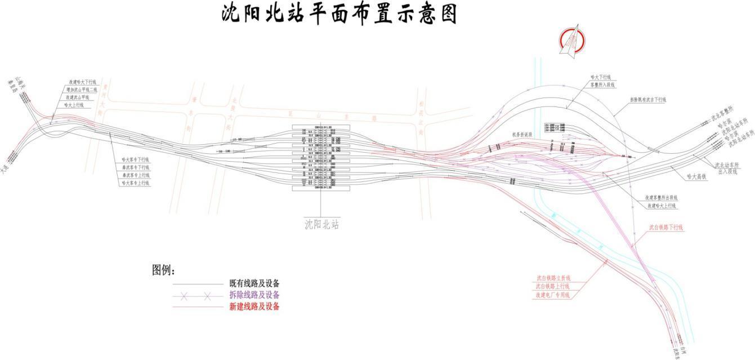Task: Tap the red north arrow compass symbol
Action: (572, 39)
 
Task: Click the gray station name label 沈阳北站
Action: (321, 224)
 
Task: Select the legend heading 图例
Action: (164, 270)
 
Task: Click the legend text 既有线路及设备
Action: (254, 283)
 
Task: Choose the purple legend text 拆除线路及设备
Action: (254, 295)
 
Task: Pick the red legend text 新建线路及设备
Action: (254, 306)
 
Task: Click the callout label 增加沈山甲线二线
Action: (82, 90)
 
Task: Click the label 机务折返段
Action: (522, 135)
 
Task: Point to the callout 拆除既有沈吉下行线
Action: (647, 100)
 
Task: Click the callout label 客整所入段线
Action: (603, 85)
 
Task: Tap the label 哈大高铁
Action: (696, 176)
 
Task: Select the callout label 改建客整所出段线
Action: (662, 198)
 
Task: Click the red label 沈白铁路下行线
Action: (665, 228)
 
